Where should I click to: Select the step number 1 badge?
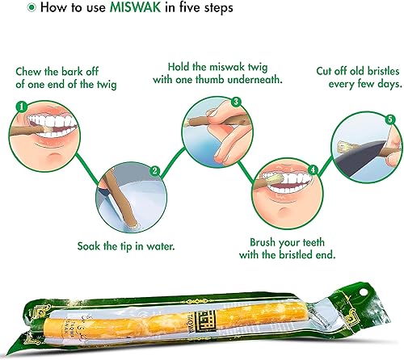(22, 106)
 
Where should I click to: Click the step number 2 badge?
(154, 170)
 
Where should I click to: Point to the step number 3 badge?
(236, 102)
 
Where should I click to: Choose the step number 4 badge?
(312, 170)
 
